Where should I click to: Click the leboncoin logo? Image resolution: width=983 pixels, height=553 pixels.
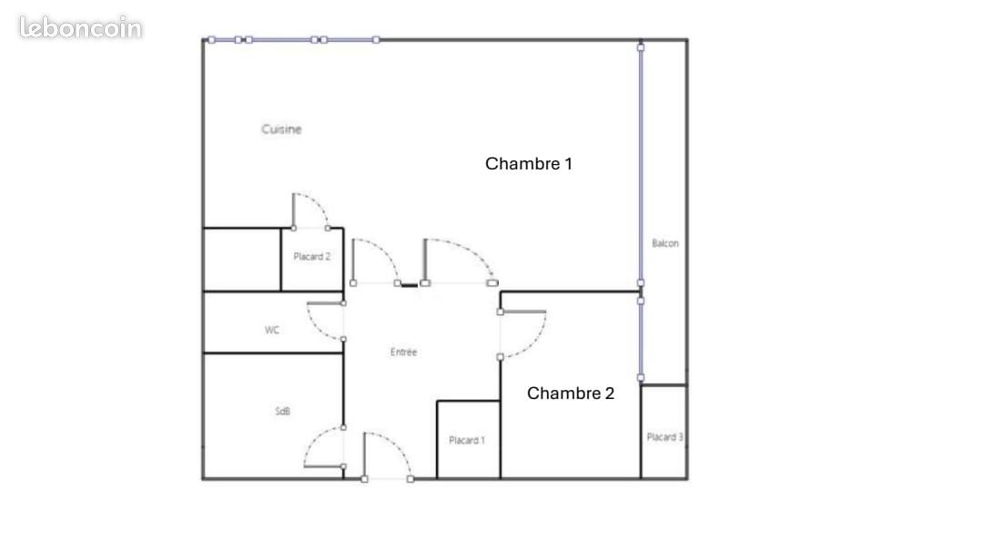pyautogui.click(x=80, y=27)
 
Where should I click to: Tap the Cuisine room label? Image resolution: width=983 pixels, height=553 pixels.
pyautogui.click(x=281, y=129)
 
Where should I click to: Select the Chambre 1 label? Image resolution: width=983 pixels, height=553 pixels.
pyautogui.click(x=529, y=164)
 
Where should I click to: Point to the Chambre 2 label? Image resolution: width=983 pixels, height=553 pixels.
pyautogui.click(x=571, y=394)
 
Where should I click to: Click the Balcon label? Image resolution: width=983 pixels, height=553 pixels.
pyautogui.click(x=665, y=243)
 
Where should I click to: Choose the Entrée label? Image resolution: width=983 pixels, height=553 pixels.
pyautogui.click(x=404, y=353)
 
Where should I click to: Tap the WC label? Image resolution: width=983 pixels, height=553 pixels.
pyautogui.click(x=272, y=330)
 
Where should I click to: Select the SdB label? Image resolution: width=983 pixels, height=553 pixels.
pyautogui.click(x=283, y=411)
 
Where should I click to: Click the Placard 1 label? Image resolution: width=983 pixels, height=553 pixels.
pyautogui.click(x=467, y=441)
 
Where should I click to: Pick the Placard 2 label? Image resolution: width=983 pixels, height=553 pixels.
pyautogui.click(x=311, y=257)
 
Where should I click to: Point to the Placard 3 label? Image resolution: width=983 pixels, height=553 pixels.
pyautogui.click(x=665, y=437)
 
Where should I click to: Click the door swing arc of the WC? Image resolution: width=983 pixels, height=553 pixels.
pyautogui.click(x=317, y=328)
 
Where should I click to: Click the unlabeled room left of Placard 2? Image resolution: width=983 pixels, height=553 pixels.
pyautogui.click(x=242, y=260)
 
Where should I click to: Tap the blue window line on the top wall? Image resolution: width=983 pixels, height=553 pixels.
pyautogui.click(x=293, y=40)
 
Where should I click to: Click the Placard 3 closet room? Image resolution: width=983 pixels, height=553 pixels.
pyautogui.click(x=664, y=432)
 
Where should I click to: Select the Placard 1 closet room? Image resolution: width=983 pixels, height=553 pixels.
pyautogui.click(x=469, y=440)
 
